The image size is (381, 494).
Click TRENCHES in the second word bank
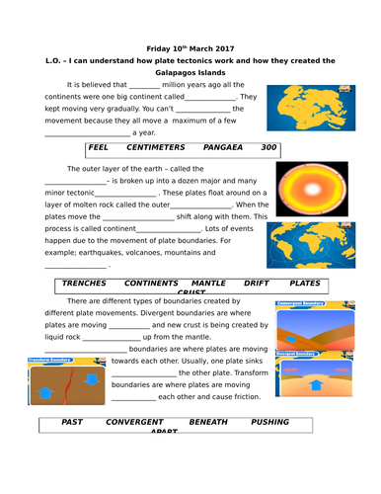[84, 283]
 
